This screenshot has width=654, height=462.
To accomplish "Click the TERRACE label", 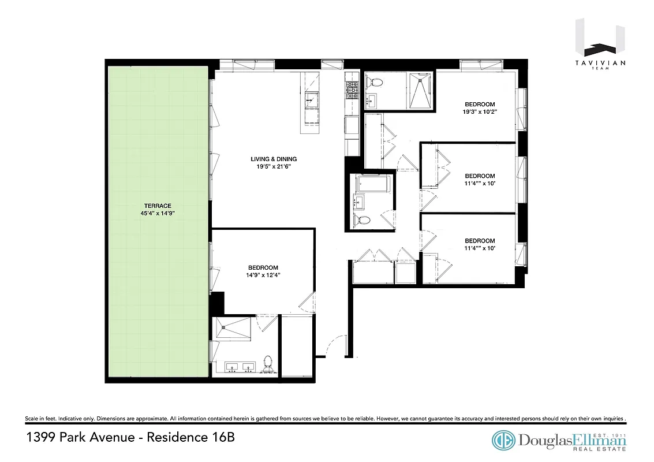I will [142, 206].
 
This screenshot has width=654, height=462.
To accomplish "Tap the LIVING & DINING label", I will [274, 159].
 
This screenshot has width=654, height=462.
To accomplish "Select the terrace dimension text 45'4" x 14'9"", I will [153, 213].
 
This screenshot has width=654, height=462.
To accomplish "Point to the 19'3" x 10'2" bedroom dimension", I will [479, 112].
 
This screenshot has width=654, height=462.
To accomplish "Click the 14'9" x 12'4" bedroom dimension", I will [263, 275].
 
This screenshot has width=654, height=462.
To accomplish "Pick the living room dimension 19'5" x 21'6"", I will [274, 167].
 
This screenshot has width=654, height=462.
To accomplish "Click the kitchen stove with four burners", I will [352, 88].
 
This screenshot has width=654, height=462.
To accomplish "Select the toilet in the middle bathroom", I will [363, 220].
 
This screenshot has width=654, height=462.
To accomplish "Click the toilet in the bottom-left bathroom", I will [267, 363].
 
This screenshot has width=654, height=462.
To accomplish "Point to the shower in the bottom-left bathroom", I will [233, 330].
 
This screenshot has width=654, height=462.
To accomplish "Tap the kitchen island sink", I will [311, 99].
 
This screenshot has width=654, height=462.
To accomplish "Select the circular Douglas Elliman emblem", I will [503, 441].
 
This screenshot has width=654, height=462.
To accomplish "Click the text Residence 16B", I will [190, 437].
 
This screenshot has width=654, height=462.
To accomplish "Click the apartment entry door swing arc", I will [335, 347].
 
